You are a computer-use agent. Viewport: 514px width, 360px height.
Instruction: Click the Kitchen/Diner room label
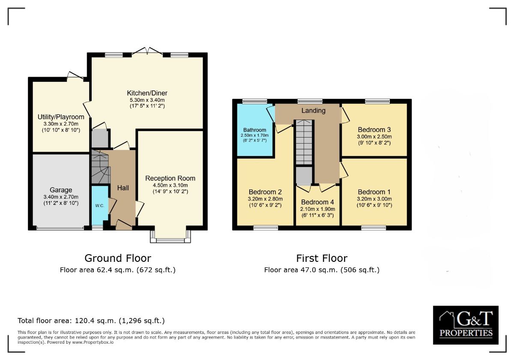click(x=147, y=93)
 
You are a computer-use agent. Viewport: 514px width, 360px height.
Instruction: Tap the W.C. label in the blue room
click(x=99, y=206)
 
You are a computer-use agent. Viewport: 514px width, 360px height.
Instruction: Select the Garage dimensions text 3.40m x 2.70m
click(x=61, y=197)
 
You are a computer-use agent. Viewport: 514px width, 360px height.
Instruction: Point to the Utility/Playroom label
click(x=61, y=117)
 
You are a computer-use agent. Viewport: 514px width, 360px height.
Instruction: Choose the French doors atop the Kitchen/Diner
click(x=147, y=51)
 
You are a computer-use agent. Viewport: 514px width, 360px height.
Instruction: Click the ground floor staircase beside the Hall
click(x=101, y=167)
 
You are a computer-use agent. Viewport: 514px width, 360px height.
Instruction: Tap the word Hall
click(x=123, y=188)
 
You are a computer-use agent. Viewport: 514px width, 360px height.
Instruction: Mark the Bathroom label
click(x=255, y=130)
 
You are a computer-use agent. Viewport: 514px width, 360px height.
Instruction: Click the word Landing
click(x=313, y=111)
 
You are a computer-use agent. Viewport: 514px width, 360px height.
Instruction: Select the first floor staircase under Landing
click(x=304, y=142)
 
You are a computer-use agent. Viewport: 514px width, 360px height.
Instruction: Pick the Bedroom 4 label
click(x=317, y=202)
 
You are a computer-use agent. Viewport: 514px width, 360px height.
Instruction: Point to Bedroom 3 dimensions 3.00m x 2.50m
click(x=374, y=137)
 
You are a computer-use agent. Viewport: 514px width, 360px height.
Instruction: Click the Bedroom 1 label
click(x=374, y=192)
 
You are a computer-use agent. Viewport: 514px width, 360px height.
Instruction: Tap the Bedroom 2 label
click(x=265, y=192)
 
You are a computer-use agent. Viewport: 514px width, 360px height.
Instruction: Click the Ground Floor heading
click(x=118, y=258)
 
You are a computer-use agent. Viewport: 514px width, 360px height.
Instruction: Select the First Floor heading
click(x=322, y=258)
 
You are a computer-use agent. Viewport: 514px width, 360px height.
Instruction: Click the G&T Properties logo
click(x=466, y=325)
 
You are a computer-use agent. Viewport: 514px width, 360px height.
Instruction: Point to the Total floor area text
click(x=91, y=321)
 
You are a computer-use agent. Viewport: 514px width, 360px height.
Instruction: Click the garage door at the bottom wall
click(x=60, y=228)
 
